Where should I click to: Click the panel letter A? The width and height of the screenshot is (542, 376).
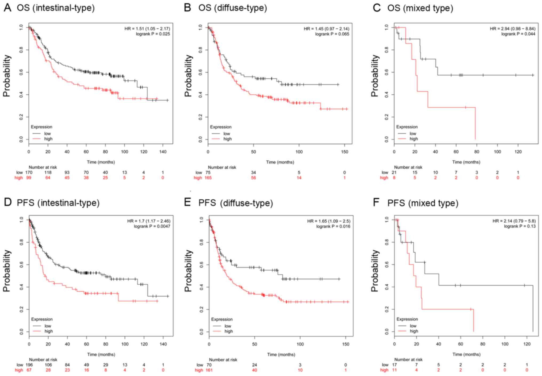[7, 8]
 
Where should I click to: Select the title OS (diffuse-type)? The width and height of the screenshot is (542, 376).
[232, 8]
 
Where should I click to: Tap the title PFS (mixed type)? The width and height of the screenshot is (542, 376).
[423, 203]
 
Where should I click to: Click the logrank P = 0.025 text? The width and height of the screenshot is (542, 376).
[153, 34]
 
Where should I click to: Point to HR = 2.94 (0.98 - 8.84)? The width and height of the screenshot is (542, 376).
[512, 29]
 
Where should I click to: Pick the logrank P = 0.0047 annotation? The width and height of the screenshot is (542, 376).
[152, 226]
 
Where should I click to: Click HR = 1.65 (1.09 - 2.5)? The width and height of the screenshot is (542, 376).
[329, 221]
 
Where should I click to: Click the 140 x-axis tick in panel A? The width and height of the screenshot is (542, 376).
[163, 152]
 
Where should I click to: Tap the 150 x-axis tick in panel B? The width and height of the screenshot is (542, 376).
[345, 152]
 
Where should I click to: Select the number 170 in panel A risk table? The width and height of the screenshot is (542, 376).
[29, 172]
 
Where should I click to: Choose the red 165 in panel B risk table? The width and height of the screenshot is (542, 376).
[208, 178]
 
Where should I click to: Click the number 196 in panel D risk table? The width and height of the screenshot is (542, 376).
[29, 365]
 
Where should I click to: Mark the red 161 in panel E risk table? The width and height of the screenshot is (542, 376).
[209, 370]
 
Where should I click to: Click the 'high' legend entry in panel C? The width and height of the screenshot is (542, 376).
[414, 139]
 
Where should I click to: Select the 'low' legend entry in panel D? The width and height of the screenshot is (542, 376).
[48, 326]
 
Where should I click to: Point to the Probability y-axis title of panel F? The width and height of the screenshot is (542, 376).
[375, 270]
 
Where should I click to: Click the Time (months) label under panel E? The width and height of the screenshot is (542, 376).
[281, 354]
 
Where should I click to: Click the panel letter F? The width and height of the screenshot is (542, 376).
[376, 202]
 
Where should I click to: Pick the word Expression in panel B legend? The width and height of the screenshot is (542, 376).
[221, 127]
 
